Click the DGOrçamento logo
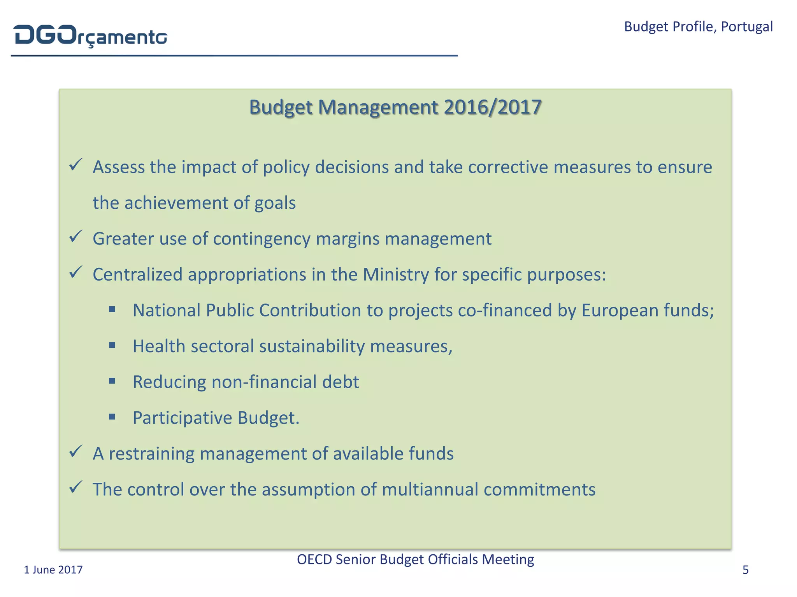point(91,36)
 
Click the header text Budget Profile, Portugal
point(698,26)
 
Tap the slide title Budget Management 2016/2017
point(395,107)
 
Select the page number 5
point(745,570)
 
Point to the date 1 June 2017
point(53,570)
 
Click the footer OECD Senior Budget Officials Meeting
point(415,559)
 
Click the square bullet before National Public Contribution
point(112,309)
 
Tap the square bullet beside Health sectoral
point(112,345)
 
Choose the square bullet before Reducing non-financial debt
point(112,381)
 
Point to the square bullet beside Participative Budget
point(112,417)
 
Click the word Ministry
point(396,274)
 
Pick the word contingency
point(262,239)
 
